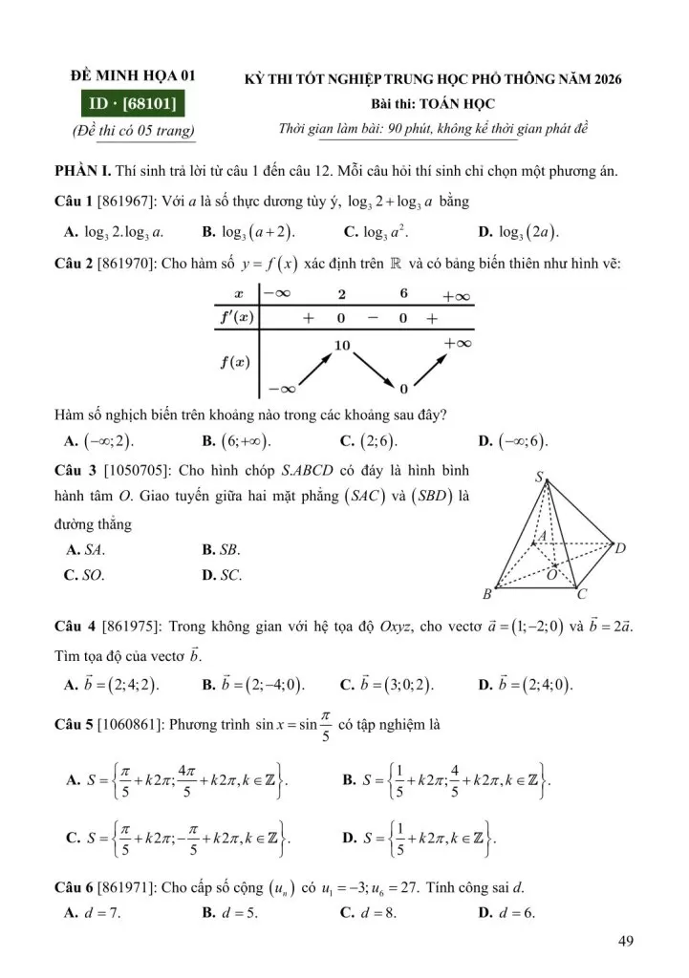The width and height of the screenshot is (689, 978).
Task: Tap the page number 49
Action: tap(627, 943)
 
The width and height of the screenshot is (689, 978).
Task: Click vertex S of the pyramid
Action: tap(539, 477)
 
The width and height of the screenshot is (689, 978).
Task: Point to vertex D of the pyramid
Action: tap(619, 548)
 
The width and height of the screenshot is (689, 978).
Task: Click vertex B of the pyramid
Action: tap(486, 594)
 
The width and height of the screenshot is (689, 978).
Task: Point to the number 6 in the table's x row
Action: tap(403, 296)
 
